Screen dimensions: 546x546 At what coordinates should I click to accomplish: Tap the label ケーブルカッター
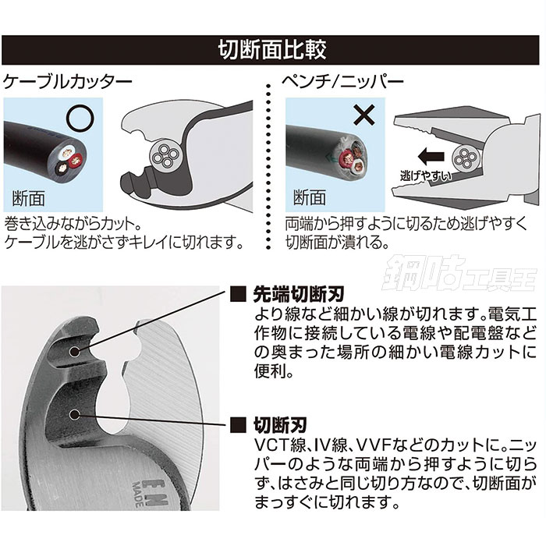[69, 80]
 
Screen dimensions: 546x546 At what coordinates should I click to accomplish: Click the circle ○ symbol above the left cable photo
[77, 118]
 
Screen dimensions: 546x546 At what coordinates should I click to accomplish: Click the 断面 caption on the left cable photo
[28, 195]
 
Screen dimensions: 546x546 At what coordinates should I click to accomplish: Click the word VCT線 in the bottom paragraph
[275, 446]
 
